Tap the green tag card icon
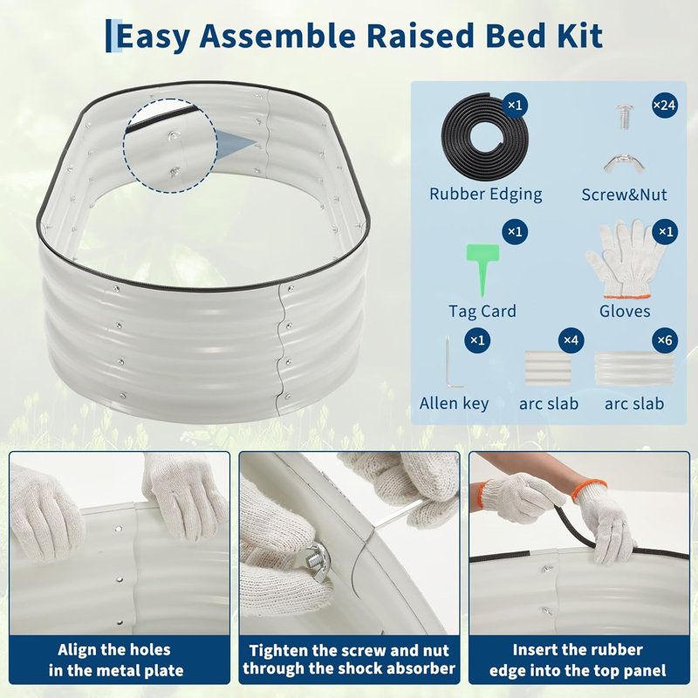(482, 268)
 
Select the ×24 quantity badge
(665, 106)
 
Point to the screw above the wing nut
(624, 116)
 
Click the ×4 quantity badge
(571, 340)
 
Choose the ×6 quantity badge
(665, 340)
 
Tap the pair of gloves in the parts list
(626, 259)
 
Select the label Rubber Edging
(486, 194)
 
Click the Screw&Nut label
(624, 195)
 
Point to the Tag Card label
(482, 311)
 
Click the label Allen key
(454, 403)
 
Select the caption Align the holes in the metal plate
(115, 660)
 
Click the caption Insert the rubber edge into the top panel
(578, 660)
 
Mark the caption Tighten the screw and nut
(348, 650)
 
